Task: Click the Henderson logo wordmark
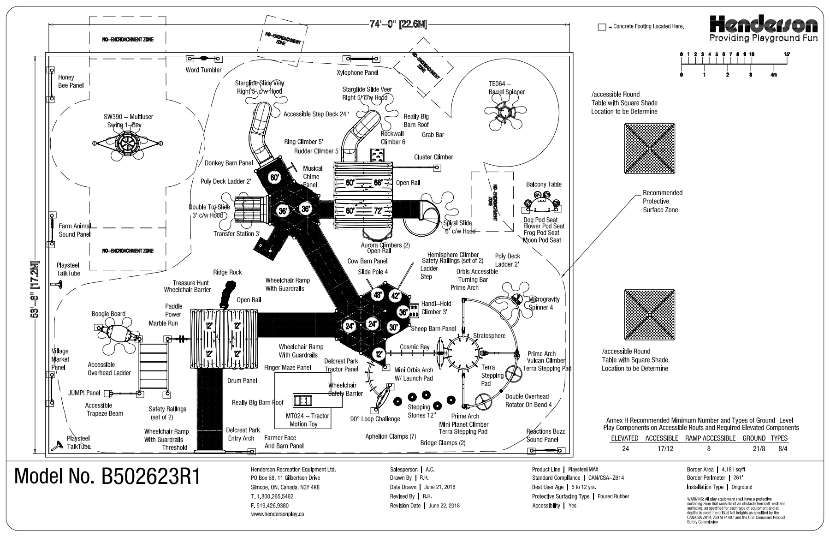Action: [764, 24]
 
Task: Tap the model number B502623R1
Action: [108, 477]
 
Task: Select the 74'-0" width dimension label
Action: [398, 24]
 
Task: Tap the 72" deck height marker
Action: [378, 211]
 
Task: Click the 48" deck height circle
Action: [378, 295]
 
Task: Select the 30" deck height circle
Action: [393, 328]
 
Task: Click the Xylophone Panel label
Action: [357, 72]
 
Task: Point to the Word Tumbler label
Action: [203, 70]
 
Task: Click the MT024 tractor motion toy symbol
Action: [303, 400]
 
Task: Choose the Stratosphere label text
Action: [489, 336]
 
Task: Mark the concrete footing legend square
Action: [601, 27]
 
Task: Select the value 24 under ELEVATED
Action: [625, 448]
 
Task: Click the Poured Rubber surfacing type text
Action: [613, 496]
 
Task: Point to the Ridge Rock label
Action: [227, 272]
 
